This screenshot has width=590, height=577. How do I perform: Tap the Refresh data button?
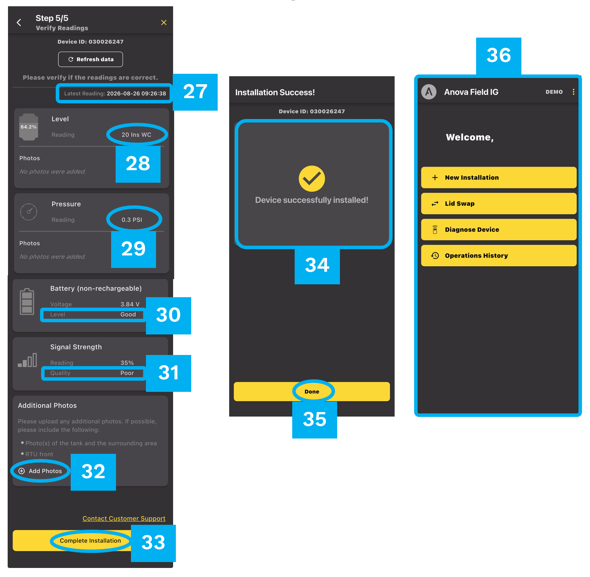(x=91, y=59)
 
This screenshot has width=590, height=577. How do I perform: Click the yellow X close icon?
(x=164, y=23)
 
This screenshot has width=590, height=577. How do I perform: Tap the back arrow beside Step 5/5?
(x=19, y=23)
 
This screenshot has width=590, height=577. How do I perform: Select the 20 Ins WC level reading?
(x=136, y=135)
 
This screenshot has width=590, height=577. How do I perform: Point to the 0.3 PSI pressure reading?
(x=132, y=220)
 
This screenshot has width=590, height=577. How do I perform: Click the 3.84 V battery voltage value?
(x=130, y=304)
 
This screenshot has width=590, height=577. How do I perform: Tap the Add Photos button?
(x=40, y=471)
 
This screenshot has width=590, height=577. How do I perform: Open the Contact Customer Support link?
(x=124, y=519)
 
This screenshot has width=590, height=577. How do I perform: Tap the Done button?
(x=312, y=392)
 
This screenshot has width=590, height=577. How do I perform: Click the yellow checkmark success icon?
(x=312, y=179)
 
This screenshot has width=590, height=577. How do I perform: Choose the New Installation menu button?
(x=499, y=177)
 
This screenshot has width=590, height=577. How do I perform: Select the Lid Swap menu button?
(x=499, y=204)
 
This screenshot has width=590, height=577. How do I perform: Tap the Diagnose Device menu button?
(x=499, y=230)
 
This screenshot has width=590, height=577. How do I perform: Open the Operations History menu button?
(x=499, y=256)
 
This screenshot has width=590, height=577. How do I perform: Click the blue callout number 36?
(x=499, y=56)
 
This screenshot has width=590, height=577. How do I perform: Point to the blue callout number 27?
(x=195, y=92)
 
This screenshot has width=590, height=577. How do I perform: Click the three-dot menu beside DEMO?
(x=573, y=92)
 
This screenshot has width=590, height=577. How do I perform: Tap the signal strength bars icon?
(x=28, y=360)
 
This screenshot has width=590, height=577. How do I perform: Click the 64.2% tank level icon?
(x=29, y=127)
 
